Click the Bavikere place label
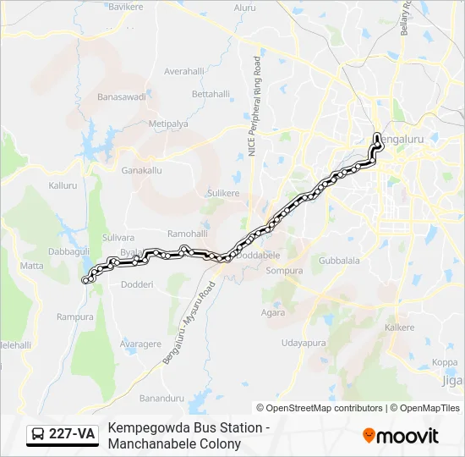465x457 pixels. [x=126, y=6]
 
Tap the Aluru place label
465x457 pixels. [x=244, y=8]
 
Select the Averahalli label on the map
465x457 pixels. [x=186, y=71]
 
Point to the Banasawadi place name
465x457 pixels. [x=122, y=96]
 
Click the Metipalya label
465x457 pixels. [x=168, y=124]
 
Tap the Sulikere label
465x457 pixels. [x=224, y=193]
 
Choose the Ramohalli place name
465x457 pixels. [x=187, y=233]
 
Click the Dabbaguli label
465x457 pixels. [x=68, y=251]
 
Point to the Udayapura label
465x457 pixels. [x=304, y=343]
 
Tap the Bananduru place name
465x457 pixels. [x=161, y=398]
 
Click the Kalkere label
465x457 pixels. [x=400, y=327]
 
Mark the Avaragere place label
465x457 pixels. [x=141, y=344]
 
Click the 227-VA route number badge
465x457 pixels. [x=63, y=435]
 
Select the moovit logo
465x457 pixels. [x=401, y=436]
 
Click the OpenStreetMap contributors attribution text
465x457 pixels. [x=323, y=408]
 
